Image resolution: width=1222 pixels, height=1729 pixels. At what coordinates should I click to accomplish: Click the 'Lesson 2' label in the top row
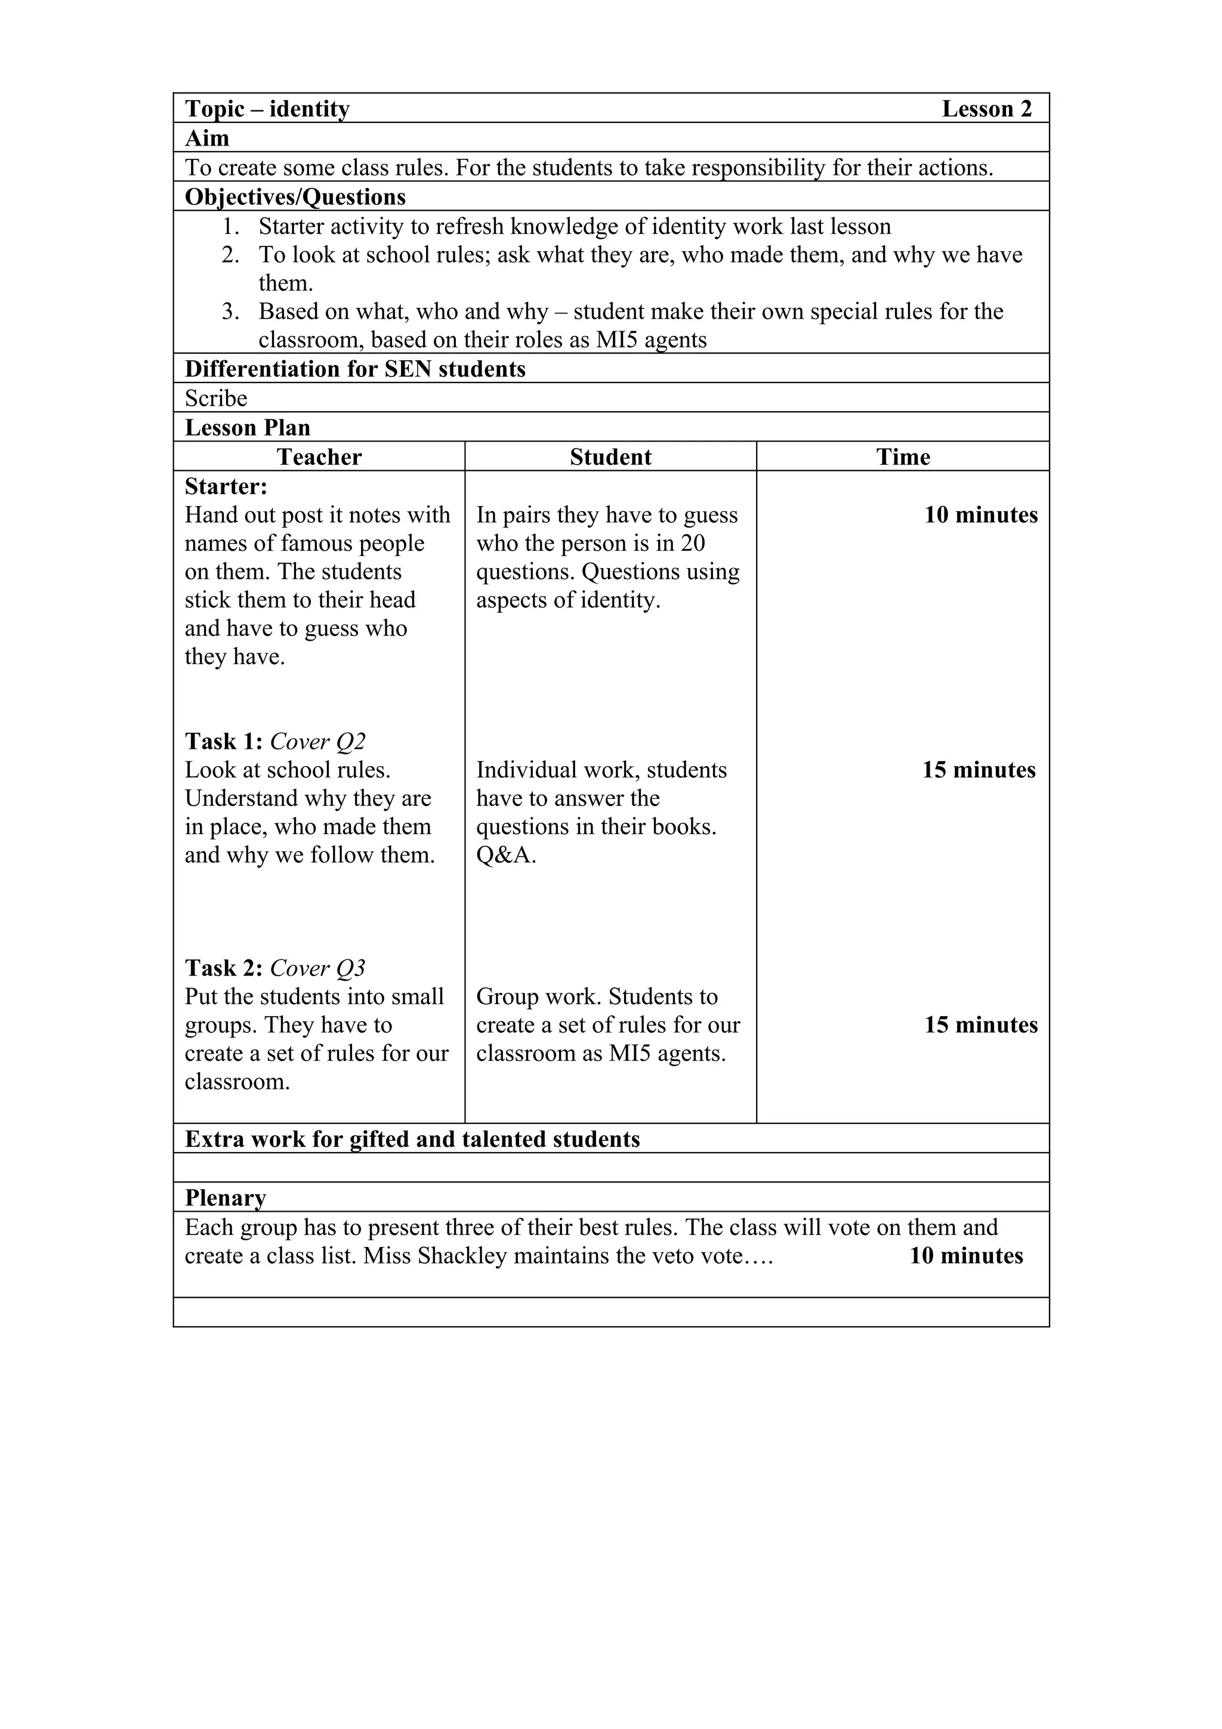click(x=986, y=109)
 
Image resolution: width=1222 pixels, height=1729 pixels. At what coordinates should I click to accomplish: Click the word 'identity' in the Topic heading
click(x=310, y=109)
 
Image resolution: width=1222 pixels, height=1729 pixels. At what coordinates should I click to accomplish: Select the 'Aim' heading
click(x=207, y=138)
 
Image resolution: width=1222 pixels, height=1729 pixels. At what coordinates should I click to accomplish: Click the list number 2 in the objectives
click(x=230, y=255)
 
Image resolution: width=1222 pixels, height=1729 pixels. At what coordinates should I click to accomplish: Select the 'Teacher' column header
click(x=319, y=456)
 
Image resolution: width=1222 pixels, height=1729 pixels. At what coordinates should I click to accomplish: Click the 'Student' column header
click(x=610, y=456)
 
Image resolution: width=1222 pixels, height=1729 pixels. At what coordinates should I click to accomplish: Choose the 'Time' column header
click(x=903, y=456)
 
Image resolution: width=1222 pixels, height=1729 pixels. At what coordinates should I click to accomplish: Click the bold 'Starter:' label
click(x=226, y=486)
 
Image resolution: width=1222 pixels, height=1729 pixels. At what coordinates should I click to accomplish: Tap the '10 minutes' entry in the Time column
click(x=980, y=515)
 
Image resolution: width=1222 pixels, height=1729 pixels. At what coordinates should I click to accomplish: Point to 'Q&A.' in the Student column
click(x=506, y=856)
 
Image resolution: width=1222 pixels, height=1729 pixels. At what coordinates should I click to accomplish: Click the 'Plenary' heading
click(x=225, y=1197)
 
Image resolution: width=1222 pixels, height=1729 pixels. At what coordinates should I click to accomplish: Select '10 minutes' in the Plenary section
click(x=966, y=1256)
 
